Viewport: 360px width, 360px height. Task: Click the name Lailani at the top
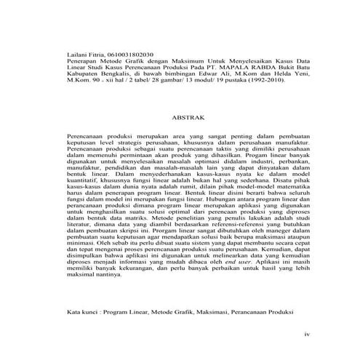tap(76, 54)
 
